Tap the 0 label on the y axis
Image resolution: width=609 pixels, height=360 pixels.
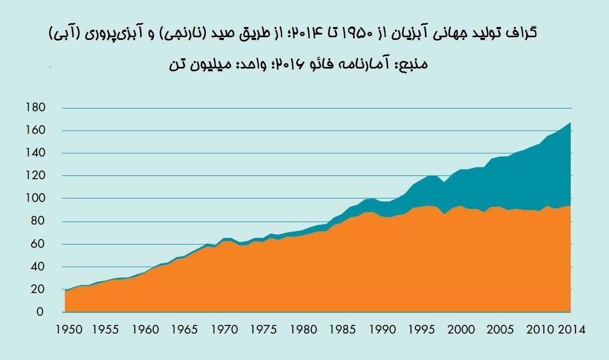coord(39,312)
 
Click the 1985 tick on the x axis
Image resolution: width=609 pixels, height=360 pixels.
coord(341,329)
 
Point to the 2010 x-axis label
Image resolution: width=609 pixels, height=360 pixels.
coord(539,329)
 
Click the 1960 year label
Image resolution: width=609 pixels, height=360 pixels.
coord(144,329)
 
